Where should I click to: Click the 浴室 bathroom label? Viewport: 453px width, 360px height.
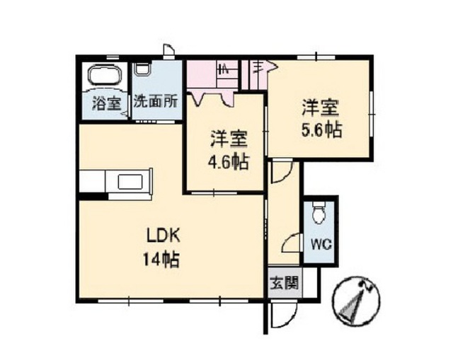pyautogui.click(x=107, y=103)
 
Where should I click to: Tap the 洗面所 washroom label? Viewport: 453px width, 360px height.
pyautogui.click(x=156, y=101)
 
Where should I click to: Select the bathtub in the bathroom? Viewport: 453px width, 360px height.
pyautogui.click(x=104, y=74)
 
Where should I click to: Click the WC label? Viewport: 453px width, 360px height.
pyautogui.click(x=321, y=245)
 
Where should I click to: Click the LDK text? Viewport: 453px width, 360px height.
pyautogui.click(x=164, y=236)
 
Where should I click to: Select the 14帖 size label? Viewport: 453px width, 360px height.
pyautogui.click(x=161, y=260)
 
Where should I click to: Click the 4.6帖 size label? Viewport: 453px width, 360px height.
pyautogui.click(x=229, y=163)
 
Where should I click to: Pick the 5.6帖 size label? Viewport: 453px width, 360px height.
pyautogui.click(x=322, y=130)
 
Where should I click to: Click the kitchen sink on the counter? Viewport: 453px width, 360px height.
pyautogui.click(x=130, y=182)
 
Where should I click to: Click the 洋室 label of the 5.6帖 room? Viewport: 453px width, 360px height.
pyautogui.click(x=320, y=108)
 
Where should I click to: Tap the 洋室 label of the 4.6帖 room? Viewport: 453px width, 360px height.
pyautogui.click(x=229, y=139)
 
